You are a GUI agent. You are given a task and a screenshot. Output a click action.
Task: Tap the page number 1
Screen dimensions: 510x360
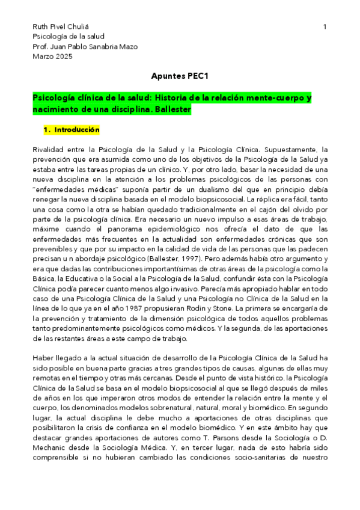(325, 27)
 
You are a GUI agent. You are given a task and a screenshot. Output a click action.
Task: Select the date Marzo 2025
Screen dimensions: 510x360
(52, 57)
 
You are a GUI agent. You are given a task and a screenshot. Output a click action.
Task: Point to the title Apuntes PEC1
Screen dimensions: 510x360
(180, 77)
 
